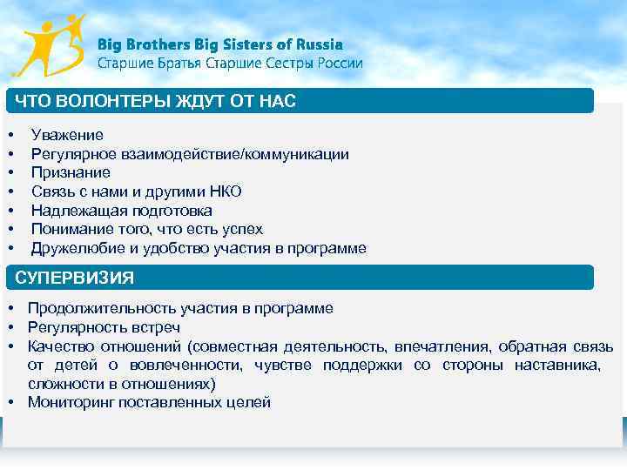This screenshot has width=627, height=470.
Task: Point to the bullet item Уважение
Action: pos(67,135)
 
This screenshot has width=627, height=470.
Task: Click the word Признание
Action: pos(71,172)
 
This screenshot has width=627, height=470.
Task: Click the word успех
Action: pos(242,229)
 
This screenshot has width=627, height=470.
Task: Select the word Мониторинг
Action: pos(68,402)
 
